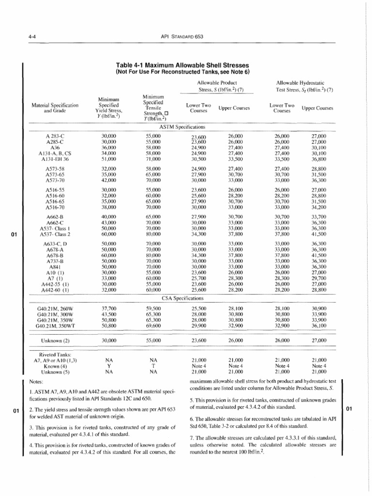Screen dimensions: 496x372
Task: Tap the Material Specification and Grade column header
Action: [x=55, y=108]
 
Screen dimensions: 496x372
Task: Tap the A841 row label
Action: [x=54, y=266]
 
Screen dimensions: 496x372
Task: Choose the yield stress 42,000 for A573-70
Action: [x=108, y=179]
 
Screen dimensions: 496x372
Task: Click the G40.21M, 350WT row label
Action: [x=54, y=326]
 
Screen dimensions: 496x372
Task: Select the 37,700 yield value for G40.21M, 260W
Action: [x=108, y=308]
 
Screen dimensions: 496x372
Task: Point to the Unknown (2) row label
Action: [x=54, y=341]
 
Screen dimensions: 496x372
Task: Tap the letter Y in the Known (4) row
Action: [x=108, y=366]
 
